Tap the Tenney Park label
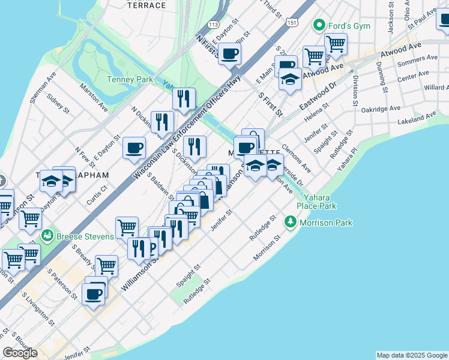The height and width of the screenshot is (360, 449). pyautogui.click(x=130, y=79)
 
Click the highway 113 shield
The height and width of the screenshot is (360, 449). pyautogui.click(x=212, y=24)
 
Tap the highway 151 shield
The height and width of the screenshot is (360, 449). pyautogui.click(x=292, y=22)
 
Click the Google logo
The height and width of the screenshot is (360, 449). pyautogui.click(x=20, y=353)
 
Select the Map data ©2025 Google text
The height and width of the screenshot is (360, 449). pyautogui.click(x=412, y=355)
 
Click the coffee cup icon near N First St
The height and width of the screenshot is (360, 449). pyautogui.click(x=229, y=54)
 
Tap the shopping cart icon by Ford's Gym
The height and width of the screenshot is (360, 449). pyautogui.click(x=335, y=43)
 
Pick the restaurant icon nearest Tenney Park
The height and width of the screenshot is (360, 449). pyautogui.click(x=184, y=98)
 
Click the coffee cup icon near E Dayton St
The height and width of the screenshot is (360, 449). pyautogui.click(x=134, y=148)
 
